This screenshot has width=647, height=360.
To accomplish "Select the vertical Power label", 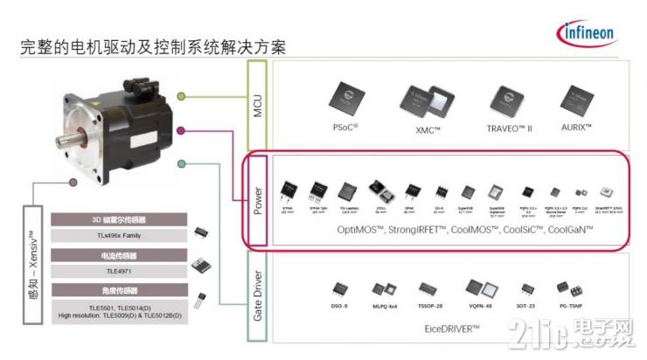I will click(x=258, y=200).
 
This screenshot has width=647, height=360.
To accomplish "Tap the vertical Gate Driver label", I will click(x=258, y=294).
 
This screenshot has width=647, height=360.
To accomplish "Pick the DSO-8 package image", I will click(x=337, y=287).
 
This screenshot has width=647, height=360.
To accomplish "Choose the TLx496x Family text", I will click(x=118, y=235).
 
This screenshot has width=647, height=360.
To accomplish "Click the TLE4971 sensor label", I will click(x=118, y=272).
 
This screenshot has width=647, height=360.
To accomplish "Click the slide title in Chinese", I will click(x=152, y=45).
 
